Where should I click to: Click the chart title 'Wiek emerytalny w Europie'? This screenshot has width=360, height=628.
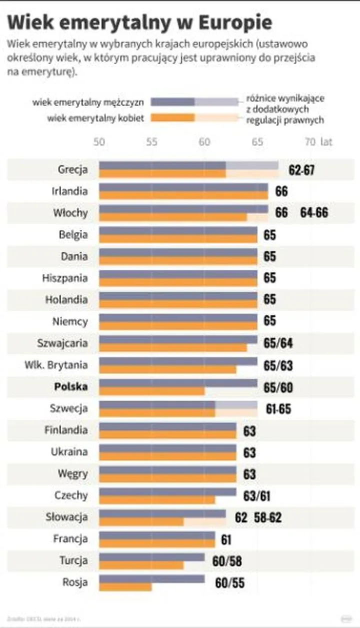coord(140,24)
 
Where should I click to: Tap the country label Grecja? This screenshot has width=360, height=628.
coord(72,169)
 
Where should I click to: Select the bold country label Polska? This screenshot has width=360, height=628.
coord(71,387)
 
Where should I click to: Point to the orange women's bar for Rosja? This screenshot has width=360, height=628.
coord(125,586)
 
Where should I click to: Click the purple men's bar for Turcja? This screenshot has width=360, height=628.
coord(152,557)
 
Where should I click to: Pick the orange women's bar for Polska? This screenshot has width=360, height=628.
coord(152,391)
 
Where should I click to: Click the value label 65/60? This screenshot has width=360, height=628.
coord(278,387)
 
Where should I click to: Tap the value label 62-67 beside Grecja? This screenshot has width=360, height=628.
coord(301,170)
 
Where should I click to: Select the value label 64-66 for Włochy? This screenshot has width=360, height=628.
coord(314,213)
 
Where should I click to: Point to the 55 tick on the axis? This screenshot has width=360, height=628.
coord(152,142)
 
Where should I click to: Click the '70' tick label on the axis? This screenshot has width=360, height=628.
coord(310,142)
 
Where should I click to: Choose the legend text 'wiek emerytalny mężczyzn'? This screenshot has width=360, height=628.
coord(88,103)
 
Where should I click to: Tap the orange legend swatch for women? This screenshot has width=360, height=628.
coord(172,118)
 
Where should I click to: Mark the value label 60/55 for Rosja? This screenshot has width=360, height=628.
coord(229,583)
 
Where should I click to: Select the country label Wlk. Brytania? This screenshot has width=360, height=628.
coord(56,365)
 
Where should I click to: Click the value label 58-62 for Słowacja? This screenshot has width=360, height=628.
coord(268,517)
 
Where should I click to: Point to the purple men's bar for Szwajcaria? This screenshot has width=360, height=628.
coord(178,340)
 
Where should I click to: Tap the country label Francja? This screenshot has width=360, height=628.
coord(70,539)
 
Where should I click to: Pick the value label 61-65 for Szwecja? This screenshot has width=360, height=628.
coord(278,409)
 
